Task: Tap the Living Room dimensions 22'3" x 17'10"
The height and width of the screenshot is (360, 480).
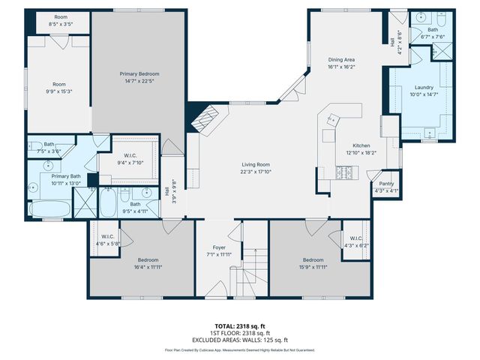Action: [255, 171]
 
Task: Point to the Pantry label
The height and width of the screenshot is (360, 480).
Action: [386, 184]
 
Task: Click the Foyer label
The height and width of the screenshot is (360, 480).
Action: [220, 247]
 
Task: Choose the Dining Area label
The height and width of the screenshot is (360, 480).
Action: [340, 59]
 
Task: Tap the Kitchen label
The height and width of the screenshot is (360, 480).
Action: [362, 145]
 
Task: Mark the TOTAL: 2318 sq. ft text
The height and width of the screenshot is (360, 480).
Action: [239, 326]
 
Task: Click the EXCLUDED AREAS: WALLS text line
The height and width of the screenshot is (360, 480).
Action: [239, 340]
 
